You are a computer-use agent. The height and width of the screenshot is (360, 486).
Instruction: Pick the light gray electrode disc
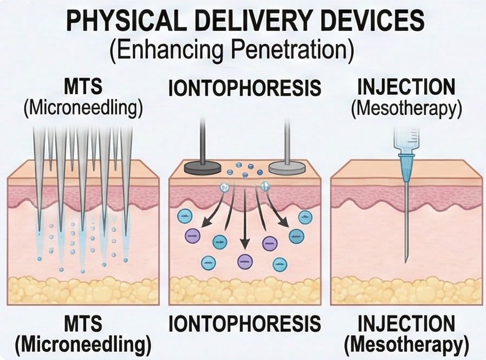tap(287, 167)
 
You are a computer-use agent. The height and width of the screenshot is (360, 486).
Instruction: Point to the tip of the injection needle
tap(406, 261)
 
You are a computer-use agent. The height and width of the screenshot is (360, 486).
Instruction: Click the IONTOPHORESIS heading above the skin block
tap(244, 88)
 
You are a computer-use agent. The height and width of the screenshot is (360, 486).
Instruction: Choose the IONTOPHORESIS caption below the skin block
tap(244, 324)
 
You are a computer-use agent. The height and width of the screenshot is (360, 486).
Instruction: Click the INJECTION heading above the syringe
tap(406, 88)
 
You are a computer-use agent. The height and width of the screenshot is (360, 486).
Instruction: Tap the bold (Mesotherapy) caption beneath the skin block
tap(406, 344)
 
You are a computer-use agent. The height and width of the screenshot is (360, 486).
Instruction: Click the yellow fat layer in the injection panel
tap(406, 290)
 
